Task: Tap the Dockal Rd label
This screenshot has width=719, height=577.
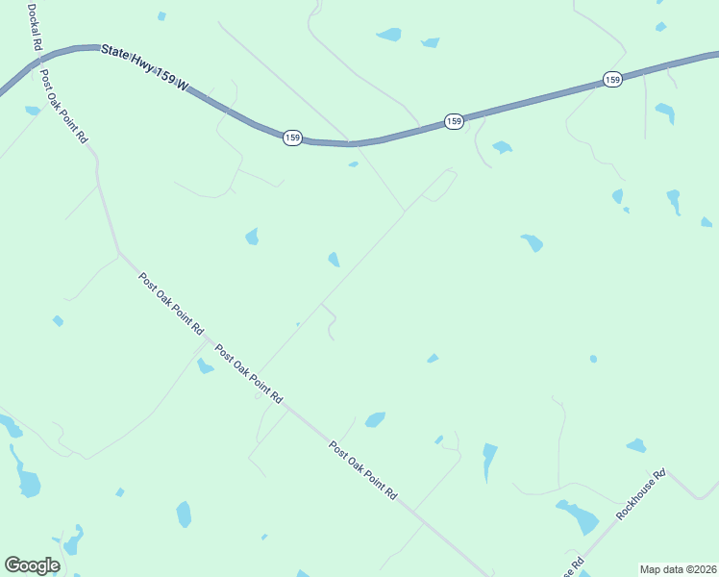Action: pyautogui.click(x=36, y=28)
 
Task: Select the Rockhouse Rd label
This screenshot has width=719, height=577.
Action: pyautogui.click(x=641, y=494)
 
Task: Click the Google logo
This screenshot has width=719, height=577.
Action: pyautogui.click(x=32, y=565)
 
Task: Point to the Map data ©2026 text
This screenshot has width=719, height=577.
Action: pyautogui.click(x=678, y=569)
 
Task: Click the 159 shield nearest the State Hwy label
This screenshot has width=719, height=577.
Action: pyautogui.click(x=293, y=138)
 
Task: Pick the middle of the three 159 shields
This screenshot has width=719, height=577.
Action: pyautogui.click(x=454, y=121)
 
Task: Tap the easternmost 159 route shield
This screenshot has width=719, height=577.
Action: pyautogui.click(x=612, y=79)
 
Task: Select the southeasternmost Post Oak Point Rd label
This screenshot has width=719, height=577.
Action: pyautogui.click(x=362, y=469)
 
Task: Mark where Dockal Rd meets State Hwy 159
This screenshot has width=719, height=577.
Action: pyautogui.click(x=38, y=60)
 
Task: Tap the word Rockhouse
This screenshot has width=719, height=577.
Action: pyautogui.click(x=636, y=499)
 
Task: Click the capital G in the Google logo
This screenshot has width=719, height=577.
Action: pyautogui.click(x=13, y=565)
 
